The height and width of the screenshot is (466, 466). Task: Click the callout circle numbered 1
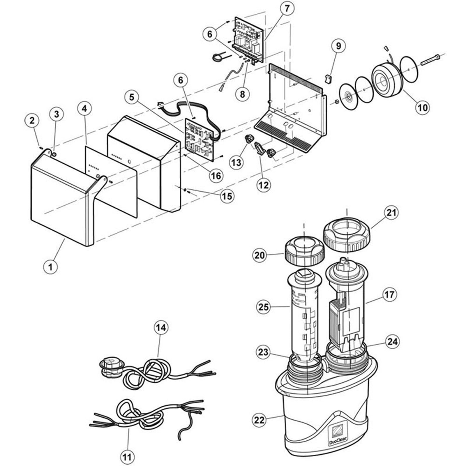click(x=50, y=266)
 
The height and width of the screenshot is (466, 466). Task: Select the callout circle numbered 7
click(x=287, y=9)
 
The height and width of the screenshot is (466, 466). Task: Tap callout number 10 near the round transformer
click(x=423, y=107)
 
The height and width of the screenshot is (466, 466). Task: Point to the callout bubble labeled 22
click(x=260, y=420)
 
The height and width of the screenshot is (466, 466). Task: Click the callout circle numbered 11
click(x=127, y=457)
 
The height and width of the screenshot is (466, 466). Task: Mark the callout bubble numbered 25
click(x=264, y=307)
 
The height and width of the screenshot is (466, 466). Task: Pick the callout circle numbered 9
click(x=338, y=46)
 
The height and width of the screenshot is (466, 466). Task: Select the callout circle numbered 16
click(x=216, y=176)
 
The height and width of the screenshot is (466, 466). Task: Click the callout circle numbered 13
click(x=236, y=162)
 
